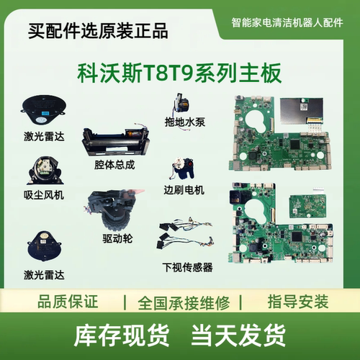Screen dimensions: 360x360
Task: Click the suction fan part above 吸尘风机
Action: coord(43,170)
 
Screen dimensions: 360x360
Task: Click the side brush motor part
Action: coord(184,171)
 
